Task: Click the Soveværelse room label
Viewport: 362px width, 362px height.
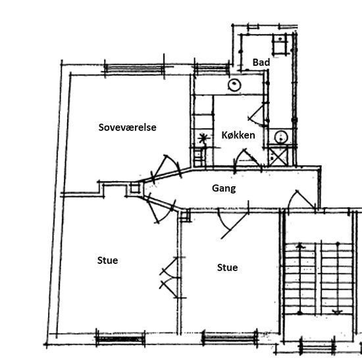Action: click(127, 128)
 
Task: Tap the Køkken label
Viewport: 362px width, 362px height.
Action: click(238, 135)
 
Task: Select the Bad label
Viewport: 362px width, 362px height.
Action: click(261, 63)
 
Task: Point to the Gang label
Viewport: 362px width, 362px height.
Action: click(224, 188)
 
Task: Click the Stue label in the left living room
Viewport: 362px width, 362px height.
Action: click(107, 261)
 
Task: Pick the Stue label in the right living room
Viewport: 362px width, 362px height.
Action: click(228, 268)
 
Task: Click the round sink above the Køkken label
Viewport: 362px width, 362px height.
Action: click(234, 85)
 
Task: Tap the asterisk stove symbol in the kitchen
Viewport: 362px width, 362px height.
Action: click(203, 138)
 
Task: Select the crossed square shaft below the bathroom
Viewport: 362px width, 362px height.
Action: click(278, 156)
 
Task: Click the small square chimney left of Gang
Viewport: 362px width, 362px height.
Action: click(135, 189)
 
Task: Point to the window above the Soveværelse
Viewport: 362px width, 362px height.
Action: click(134, 68)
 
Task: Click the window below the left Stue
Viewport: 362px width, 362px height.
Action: click(120, 339)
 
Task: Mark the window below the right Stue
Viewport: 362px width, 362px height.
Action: click(230, 338)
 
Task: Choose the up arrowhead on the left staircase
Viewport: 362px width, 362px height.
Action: click(299, 246)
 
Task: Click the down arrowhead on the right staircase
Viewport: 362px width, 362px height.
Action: click(338, 312)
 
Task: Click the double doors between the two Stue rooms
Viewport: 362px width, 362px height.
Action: click(170, 278)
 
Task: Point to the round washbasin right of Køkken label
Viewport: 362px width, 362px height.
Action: click(281, 137)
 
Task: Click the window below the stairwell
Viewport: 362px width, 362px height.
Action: click(317, 347)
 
